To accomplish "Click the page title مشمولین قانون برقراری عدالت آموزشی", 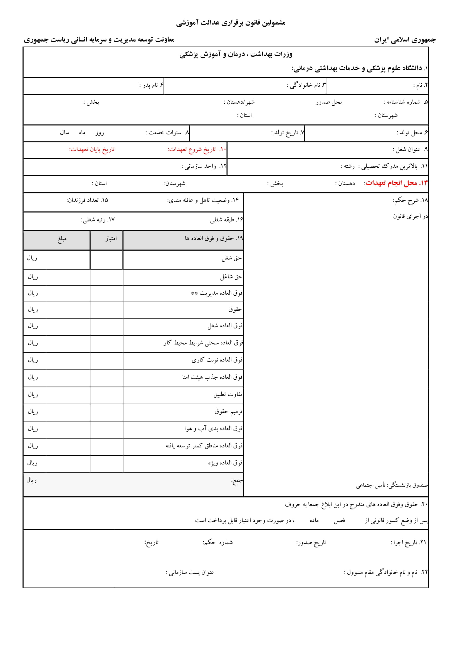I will click(x=231, y=23).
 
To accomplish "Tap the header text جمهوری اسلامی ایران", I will click(x=405, y=40).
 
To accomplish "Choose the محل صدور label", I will click(x=329, y=102).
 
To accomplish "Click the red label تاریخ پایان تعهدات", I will click(x=92, y=149).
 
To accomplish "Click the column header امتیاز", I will click(x=111, y=238).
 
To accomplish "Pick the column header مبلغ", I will click(x=62, y=239).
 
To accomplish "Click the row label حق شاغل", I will click(x=231, y=277).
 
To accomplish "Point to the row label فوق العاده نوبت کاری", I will click(x=217, y=360).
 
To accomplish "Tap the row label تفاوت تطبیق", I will click(x=228, y=394).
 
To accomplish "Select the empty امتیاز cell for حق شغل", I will click(x=107, y=259).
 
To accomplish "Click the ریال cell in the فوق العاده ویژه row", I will click(x=32, y=463).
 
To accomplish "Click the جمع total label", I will click(x=237, y=480).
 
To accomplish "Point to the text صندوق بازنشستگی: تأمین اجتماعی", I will click(x=392, y=485).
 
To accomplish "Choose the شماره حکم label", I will click(x=217, y=542).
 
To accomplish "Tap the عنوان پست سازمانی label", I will click(x=190, y=572).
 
